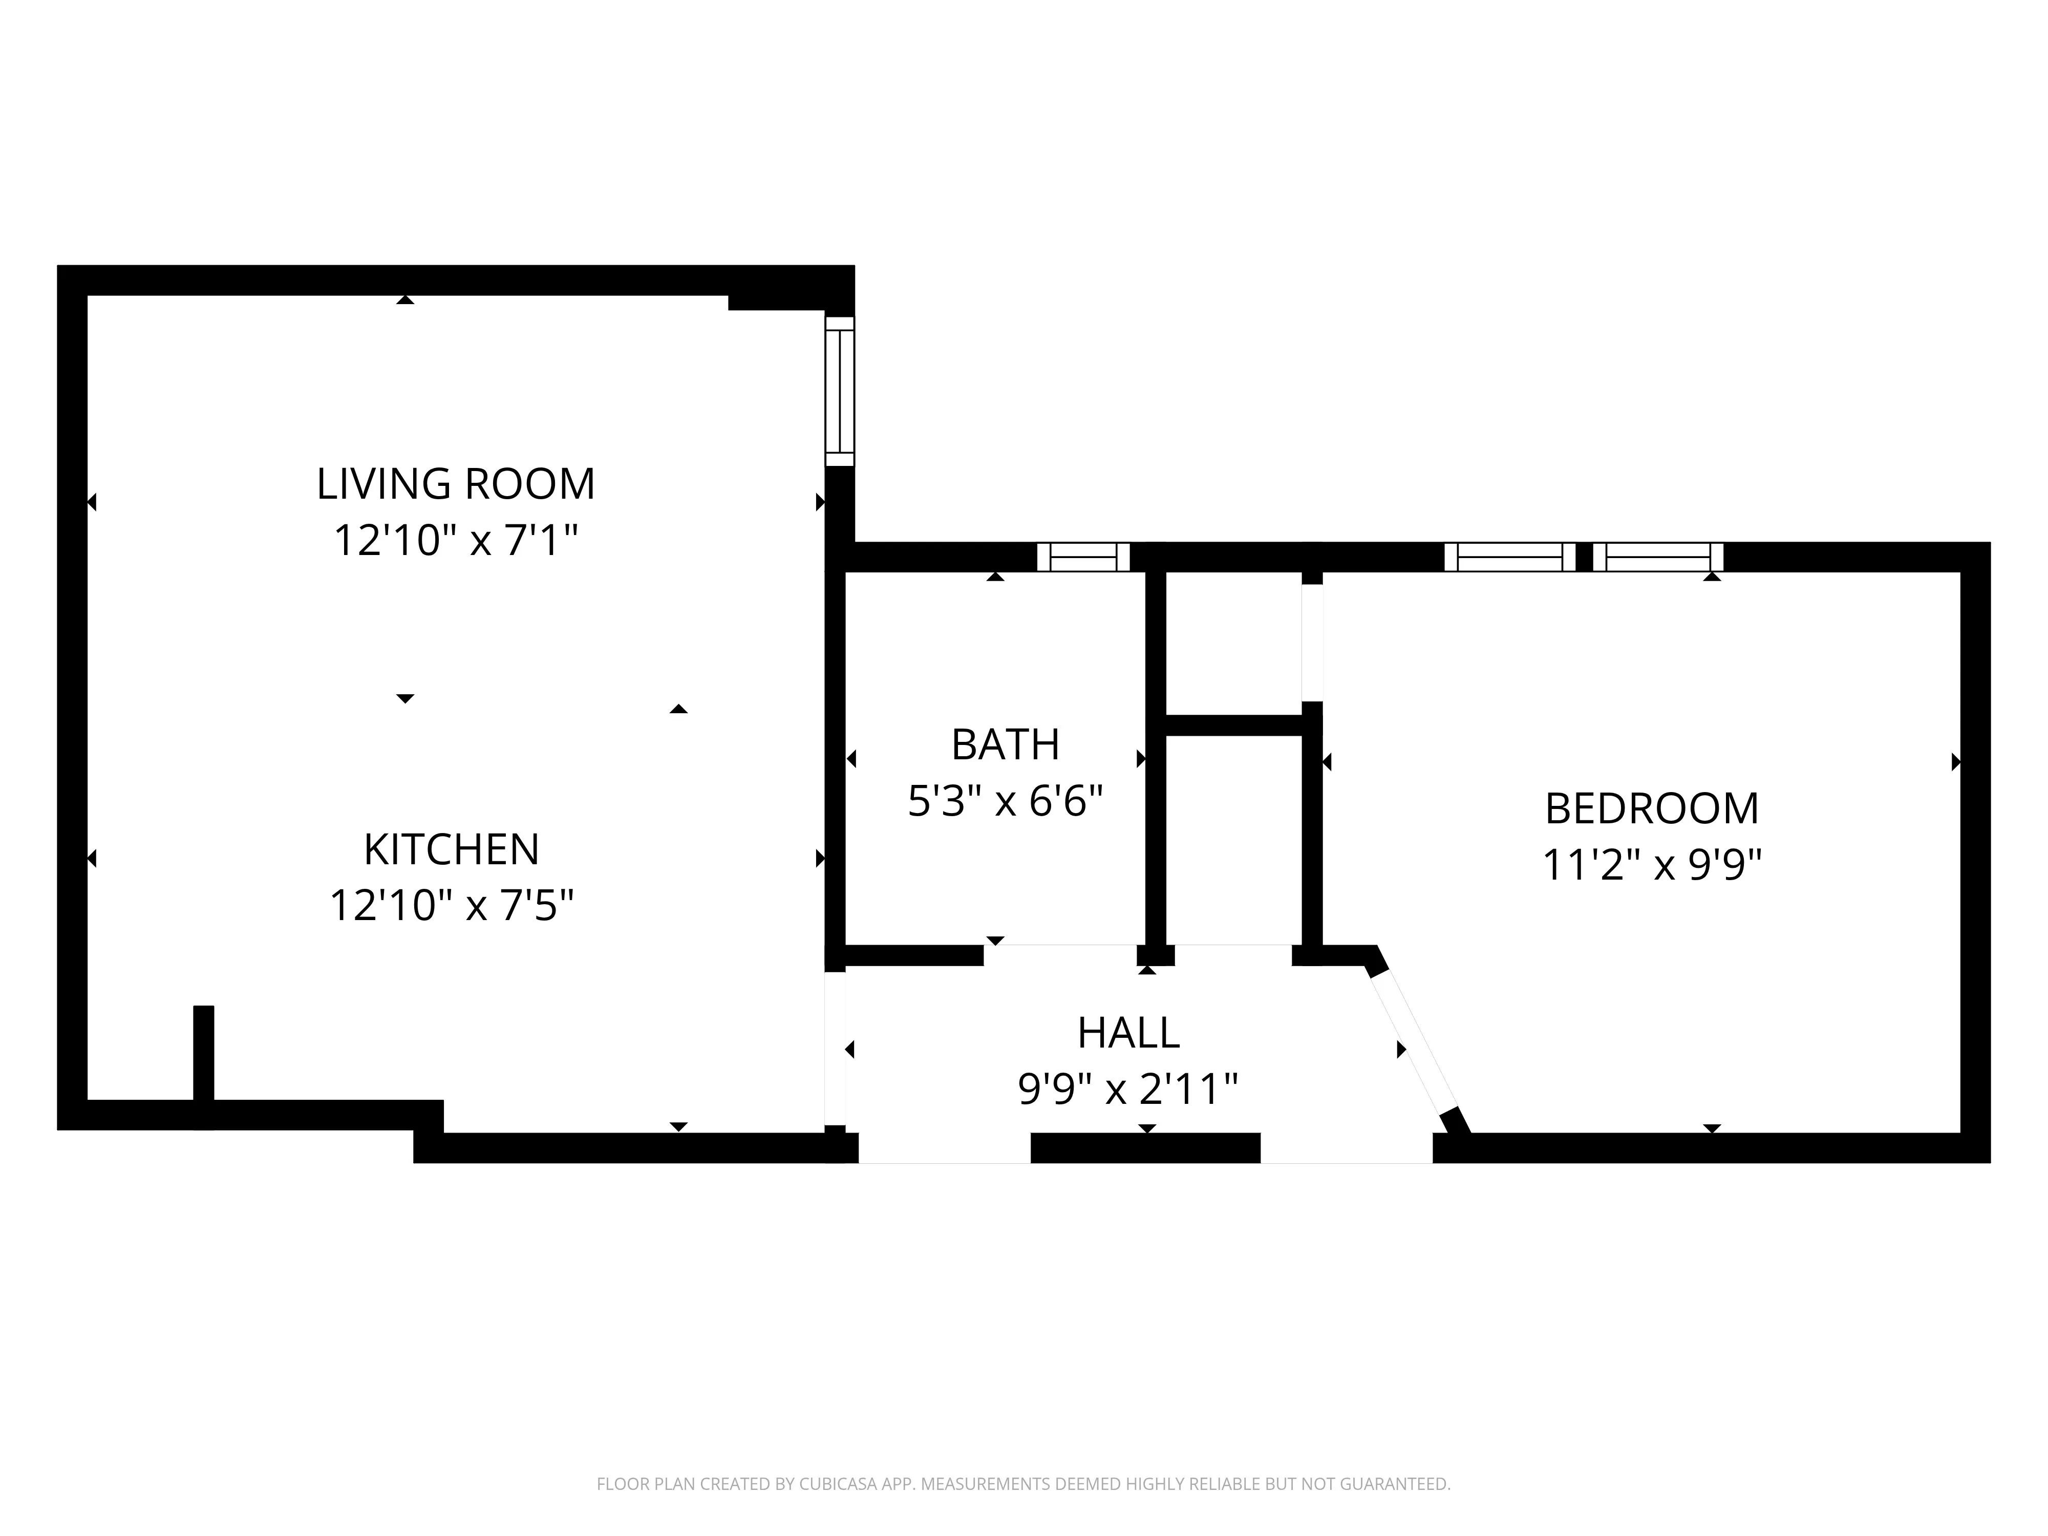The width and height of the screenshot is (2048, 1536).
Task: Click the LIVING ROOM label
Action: [x=456, y=484]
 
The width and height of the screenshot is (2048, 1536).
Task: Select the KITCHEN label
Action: [x=451, y=849]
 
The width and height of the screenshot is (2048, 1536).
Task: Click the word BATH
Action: [x=1006, y=744]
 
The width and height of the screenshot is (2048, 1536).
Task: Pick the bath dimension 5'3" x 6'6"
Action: [x=1006, y=801]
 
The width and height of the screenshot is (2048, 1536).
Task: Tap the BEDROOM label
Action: [x=1652, y=808]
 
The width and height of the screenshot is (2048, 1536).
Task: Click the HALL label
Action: [x=1128, y=1032]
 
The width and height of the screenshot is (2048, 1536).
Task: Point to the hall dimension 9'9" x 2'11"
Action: [x=1128, y=1089]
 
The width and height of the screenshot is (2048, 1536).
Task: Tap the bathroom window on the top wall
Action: [x=1083, y=557]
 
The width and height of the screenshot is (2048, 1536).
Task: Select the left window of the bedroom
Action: [x=1510, y=557]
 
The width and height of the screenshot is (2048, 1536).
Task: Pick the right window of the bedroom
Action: [x=1658, y=557]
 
